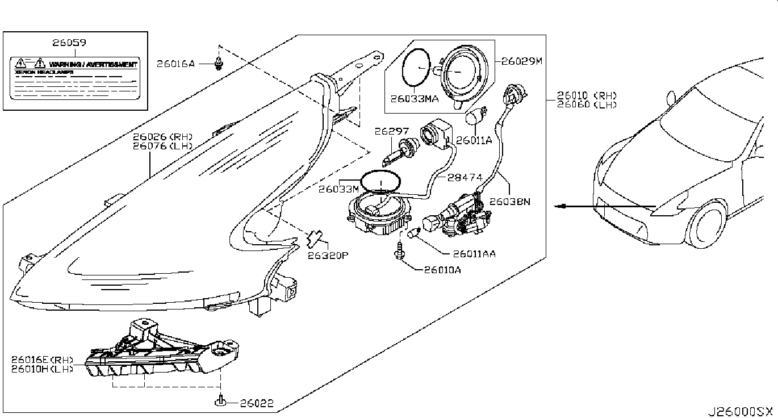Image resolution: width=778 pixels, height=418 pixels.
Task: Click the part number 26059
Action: point(69,43)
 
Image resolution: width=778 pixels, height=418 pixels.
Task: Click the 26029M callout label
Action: point(518,60)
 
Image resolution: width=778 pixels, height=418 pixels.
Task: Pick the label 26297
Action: point(387,131)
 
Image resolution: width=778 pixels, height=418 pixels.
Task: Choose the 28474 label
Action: point(463,177)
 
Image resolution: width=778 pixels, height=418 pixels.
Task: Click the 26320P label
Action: point(328,255)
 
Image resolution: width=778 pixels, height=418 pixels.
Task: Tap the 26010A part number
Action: point(442,270)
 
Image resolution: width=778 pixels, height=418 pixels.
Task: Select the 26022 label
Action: point(256,404)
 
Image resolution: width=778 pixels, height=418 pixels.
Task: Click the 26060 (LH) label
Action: point(587,104)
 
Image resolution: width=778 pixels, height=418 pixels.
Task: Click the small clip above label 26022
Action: point(220,402)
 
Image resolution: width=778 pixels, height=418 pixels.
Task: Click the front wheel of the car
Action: point(708,227)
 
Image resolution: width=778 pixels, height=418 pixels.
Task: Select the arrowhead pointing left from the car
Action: point(562,206)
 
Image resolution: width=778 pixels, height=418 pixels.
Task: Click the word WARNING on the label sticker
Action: point(65,65)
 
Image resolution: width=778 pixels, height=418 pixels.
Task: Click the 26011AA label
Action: point(474,254)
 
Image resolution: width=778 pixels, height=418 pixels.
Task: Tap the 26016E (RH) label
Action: point(43,360)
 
